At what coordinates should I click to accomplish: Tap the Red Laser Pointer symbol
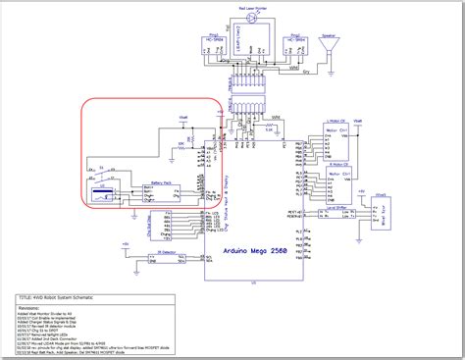(250, 18)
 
